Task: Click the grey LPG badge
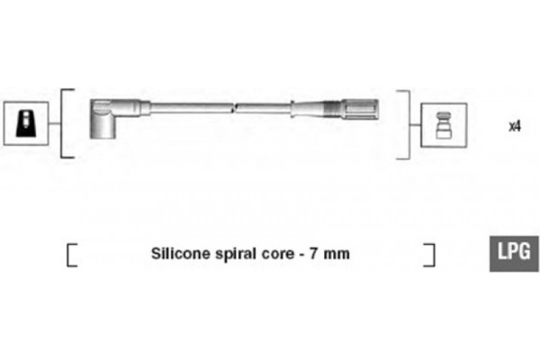pyautogui.click(x=514, y=254)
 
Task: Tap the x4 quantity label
pyautogui.click(x=515, y=126)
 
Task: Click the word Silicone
pyautogui.click(x=181, y=254)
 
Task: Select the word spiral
pyautogui.click(x=236, y=255)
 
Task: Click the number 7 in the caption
pyautogui.click(x=313, y=254)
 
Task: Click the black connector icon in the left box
pyautogui.click(x=26, y=123)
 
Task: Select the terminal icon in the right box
pyautogui.click(x=444, y=125)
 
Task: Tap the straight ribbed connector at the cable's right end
pyautogui.click(x=351, y=109)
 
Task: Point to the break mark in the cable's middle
pyautogui.click(x=234, y=108)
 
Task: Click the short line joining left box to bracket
pyautogui.click(x=54, y=123)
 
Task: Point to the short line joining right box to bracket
pyautogui.click(x=416, y=125)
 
